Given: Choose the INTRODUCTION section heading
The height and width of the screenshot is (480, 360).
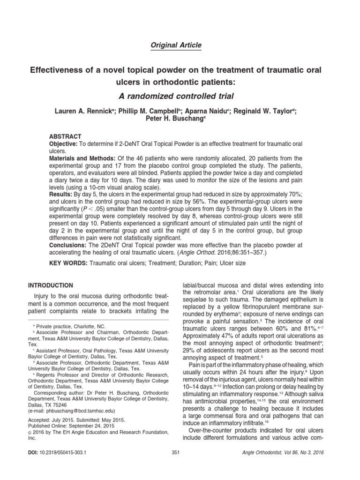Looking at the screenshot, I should pos(51,285).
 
